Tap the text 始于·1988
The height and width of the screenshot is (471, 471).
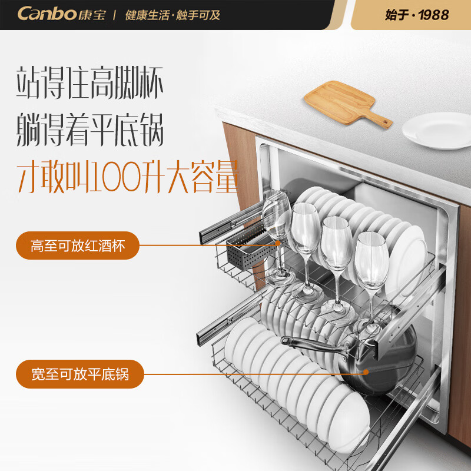click(x=417, y=15)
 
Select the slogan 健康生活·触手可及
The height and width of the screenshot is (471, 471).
click(x=173, y=15)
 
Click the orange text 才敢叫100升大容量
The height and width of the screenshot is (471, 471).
click(x=126, y=175)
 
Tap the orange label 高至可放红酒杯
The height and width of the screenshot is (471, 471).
click(x=78, y=246)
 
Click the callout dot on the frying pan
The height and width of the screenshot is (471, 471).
click(x=366, y=372)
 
